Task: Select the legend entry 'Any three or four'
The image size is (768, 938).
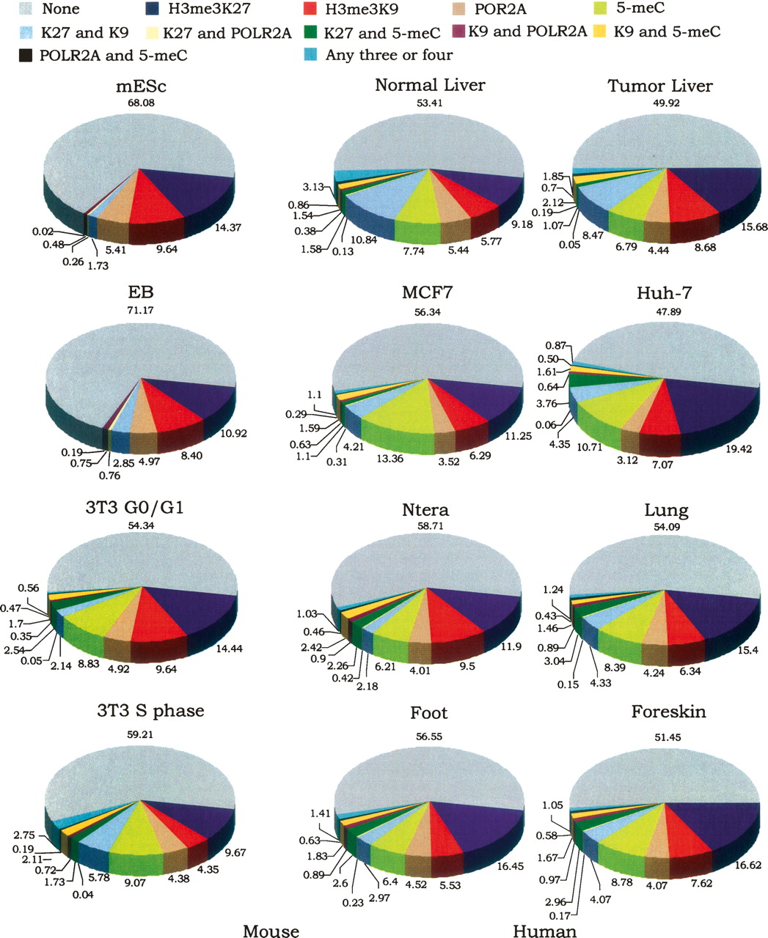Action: coord(389,55)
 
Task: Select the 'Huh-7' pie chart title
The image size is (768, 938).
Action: coord(661,293)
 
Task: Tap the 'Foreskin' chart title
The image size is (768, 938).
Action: coord(668,712)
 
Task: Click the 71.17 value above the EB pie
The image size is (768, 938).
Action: coord(141,311)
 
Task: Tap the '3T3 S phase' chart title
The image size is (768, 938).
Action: coord(153,711)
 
